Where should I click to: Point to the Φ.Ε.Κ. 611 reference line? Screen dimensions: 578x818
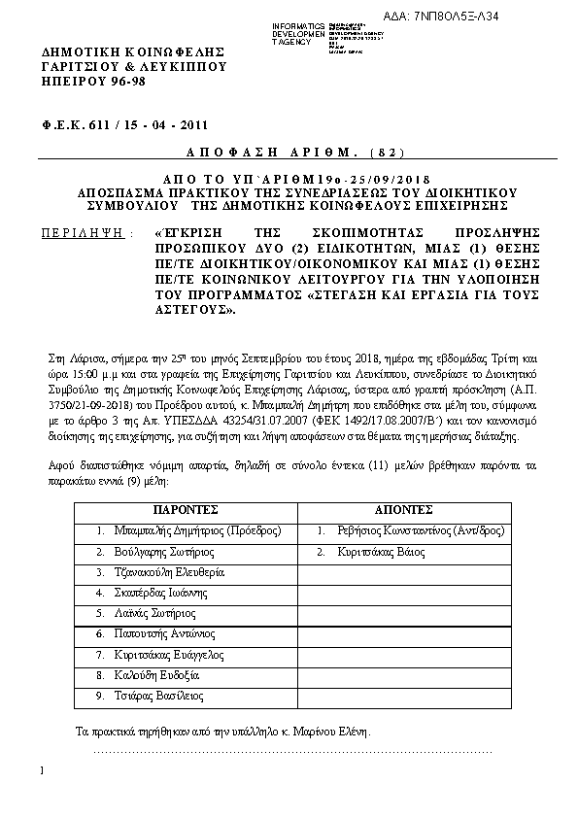coord(125,124)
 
